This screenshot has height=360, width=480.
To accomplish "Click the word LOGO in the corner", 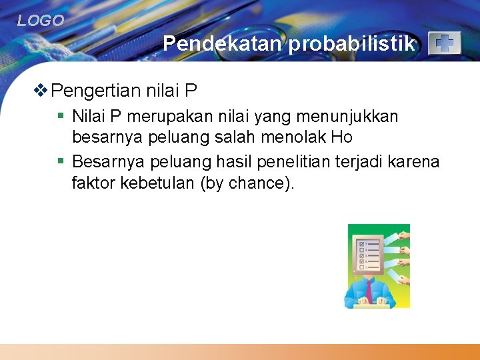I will click(x=41, y=21).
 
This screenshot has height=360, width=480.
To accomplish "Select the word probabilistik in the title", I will click(x=353, y=44).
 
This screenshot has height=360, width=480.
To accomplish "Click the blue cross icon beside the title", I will click(x=444, y=43).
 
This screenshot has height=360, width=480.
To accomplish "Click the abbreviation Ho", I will click(x=341, y=138).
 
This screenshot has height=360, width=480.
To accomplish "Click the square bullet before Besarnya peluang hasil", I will click(x=61, y=161).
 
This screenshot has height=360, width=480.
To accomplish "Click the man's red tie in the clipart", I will click(x=369, y=288).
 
